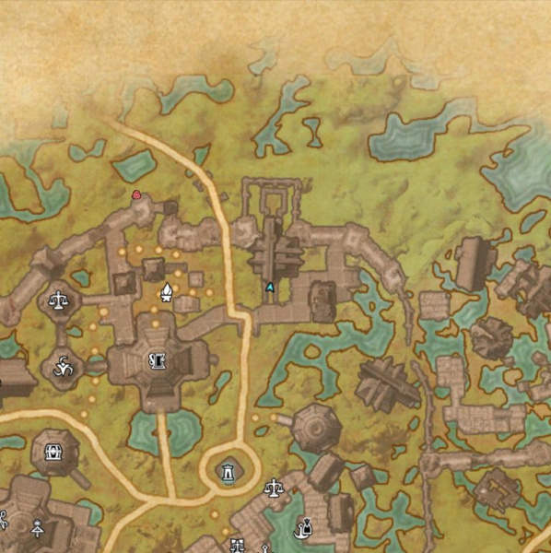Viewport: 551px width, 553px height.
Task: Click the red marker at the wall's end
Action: pos(136,194)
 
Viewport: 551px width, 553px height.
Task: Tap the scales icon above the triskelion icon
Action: pos(59,300)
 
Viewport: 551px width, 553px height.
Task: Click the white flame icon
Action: pos(167,293)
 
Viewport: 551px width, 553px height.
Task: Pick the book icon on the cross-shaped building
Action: pos(158,361)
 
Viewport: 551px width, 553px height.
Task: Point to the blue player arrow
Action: pos(269,288)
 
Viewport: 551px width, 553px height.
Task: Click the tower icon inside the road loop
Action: pos(226,472)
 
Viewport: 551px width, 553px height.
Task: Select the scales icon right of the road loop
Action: pos(273,486)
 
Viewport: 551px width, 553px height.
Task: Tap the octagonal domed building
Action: pos(315,426)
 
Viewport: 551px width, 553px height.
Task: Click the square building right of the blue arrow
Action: pos(322,301)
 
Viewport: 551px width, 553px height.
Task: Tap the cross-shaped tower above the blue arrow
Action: pos(273,250)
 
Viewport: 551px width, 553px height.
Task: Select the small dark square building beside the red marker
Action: pos(169,209)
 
